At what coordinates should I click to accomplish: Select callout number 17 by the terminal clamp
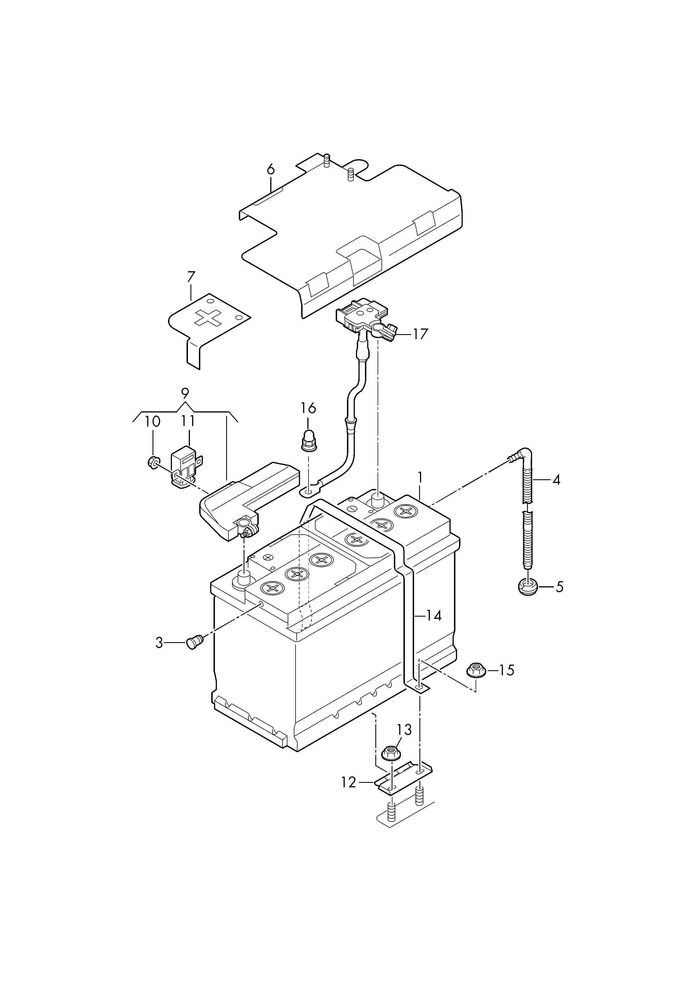point(420,334)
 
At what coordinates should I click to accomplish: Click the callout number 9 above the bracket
point(185,393)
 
